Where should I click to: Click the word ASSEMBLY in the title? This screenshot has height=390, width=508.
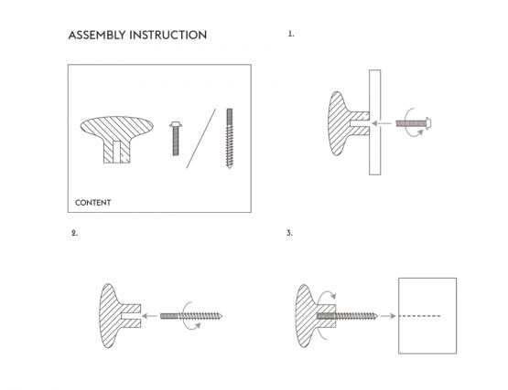tap(100, 36)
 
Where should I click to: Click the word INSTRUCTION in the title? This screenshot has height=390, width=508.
tap(170, 36)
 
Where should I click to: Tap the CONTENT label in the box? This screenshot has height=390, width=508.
tap(92, 203)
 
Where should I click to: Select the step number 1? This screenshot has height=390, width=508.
tap(291, 35)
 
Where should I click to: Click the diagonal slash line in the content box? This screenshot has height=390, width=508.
tap(201, 139)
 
